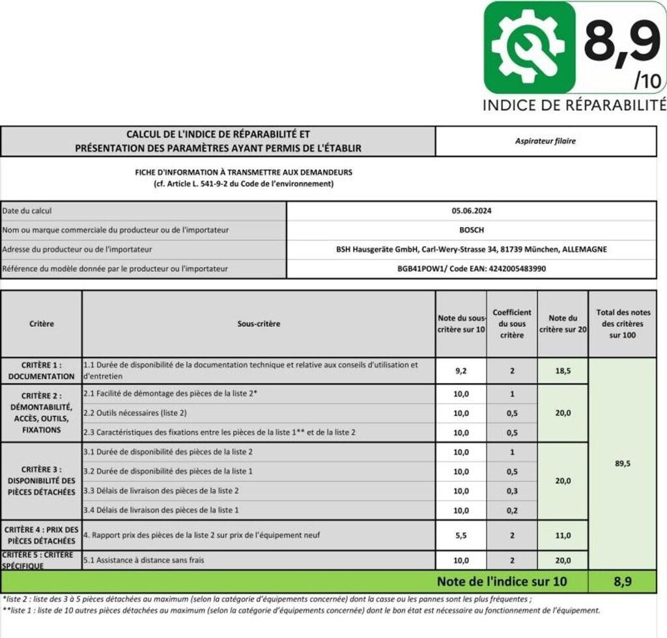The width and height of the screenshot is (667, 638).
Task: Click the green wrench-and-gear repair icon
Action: click(530, 46)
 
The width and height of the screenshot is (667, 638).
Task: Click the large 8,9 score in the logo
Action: click(621, 41)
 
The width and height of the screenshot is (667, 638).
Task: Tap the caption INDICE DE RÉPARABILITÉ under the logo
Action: click(575, 105)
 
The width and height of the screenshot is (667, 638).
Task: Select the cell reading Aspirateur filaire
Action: click(545, 141)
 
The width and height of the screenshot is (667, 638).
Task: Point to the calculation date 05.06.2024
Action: click(471, 211)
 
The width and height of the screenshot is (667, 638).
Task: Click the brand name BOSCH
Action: click(471, 230)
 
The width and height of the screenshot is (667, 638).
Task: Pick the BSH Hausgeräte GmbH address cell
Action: click(471, 249)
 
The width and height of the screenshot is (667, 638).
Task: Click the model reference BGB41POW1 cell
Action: click(471, 268)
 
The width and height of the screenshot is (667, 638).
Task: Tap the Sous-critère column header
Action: click(259, 324)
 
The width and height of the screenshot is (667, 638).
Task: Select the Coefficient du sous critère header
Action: click(512, 324)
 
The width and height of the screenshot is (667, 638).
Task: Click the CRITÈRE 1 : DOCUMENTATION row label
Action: click(41, 370)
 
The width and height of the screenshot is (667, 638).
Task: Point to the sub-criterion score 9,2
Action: click(461, 370)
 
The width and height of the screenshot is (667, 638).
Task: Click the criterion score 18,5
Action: click(562, 370)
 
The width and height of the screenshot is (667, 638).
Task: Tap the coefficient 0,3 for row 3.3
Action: click(512, 491)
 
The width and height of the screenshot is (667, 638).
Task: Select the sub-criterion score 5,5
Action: click(461, 535)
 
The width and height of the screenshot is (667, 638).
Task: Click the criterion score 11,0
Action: click(562, 535)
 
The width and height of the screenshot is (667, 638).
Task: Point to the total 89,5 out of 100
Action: click(622, 464)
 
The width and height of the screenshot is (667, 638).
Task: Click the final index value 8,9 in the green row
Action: click(622, 581)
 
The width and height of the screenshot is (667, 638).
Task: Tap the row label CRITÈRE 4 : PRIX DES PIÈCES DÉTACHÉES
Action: click(41, 535)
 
